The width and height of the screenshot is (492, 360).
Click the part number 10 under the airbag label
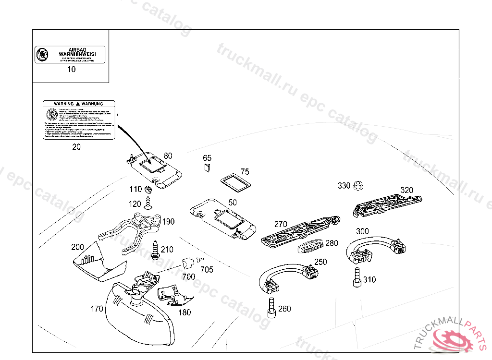tap(71, 69)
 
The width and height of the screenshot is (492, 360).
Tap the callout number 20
tap(76, 147)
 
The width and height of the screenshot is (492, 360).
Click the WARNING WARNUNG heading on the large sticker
tap(79, 104)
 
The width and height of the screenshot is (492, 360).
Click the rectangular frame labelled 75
tap(234, 182)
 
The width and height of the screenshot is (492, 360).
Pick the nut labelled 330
tap(357, 185)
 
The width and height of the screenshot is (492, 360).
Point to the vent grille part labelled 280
tap(311, 246)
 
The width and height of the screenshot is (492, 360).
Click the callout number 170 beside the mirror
tap(97, 309)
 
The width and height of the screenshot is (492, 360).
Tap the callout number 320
tap(406, 190)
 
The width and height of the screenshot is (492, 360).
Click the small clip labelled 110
tap(149, 189)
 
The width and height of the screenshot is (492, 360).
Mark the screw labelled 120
tap(148, 205)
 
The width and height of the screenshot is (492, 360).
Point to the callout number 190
tap(168, 222)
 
